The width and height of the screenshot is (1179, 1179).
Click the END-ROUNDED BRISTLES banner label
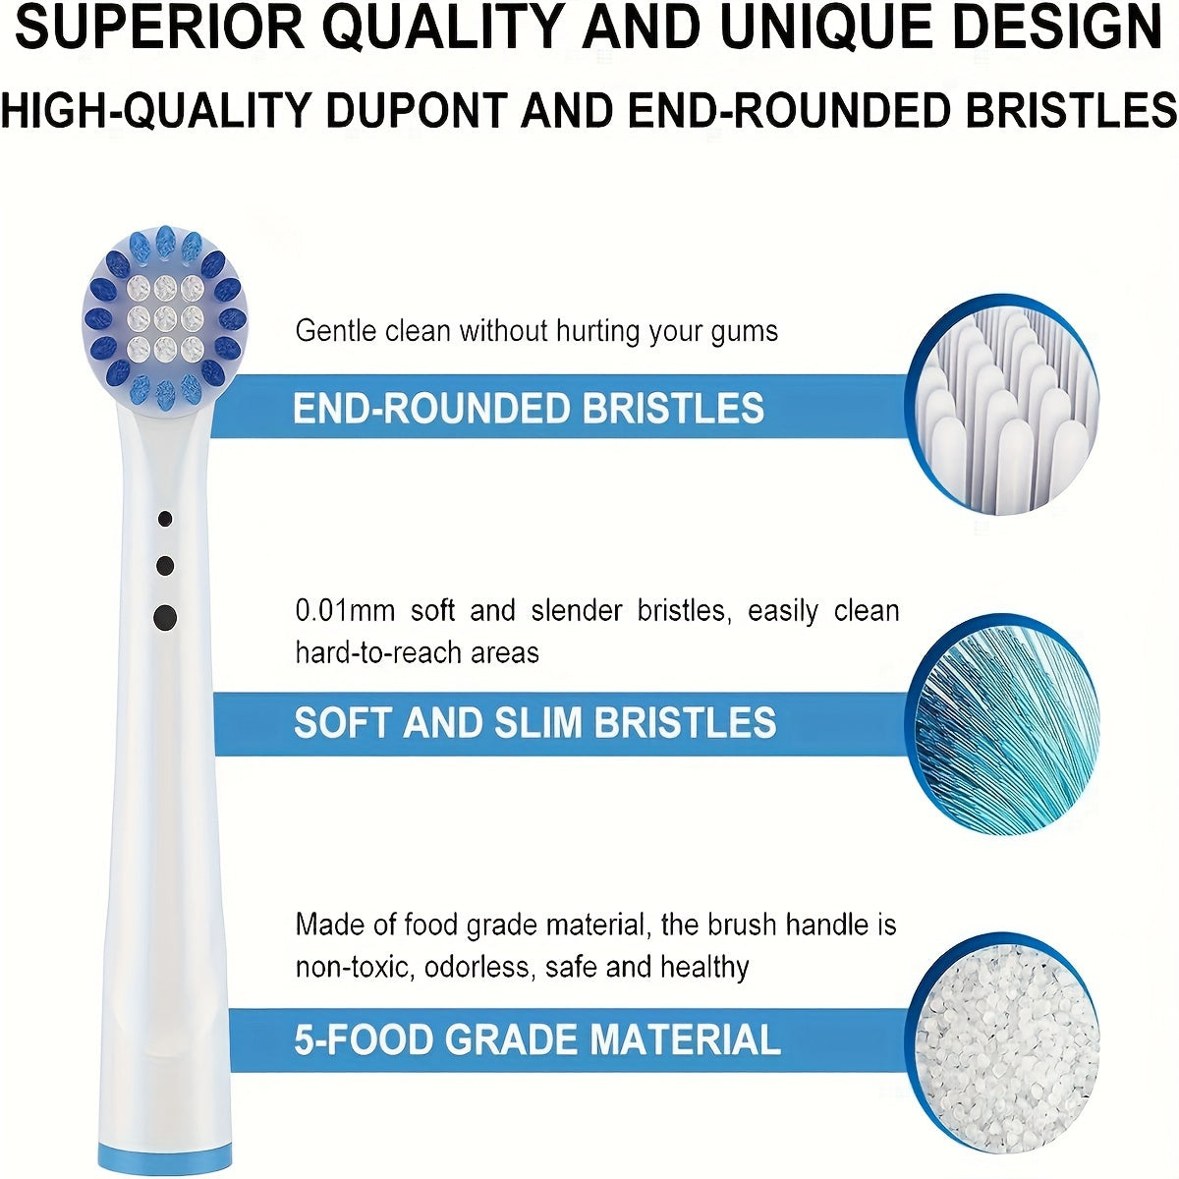coord(529,408)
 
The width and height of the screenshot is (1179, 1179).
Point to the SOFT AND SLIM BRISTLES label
coord(535,722)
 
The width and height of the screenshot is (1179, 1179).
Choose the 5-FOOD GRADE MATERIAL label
coord(537,1039)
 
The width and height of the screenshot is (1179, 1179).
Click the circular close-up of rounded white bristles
coord(1001,405)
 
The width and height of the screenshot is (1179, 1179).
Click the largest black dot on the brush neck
coord(165,618)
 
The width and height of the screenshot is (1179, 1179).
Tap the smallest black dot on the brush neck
coord(165,519)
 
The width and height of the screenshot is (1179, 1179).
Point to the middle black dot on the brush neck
coord(165,566)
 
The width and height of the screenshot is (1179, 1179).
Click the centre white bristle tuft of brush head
coord(165,317)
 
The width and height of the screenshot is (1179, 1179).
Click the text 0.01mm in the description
coord(345,611)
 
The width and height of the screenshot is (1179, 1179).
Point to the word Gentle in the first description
coord(336,331)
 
